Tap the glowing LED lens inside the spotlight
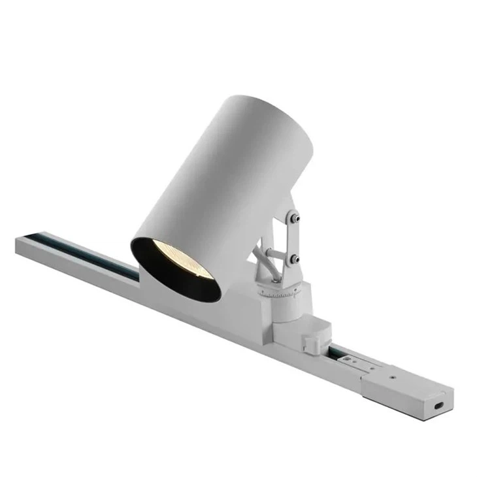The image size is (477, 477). tap(173, 262)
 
